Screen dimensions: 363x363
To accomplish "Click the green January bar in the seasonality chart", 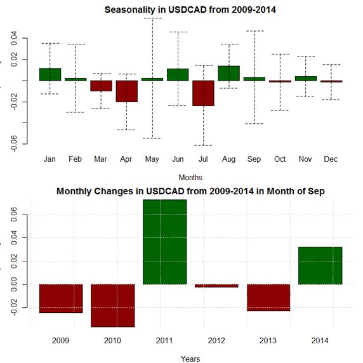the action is tap(50, 74).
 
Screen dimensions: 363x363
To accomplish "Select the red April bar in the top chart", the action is tap(127, 91).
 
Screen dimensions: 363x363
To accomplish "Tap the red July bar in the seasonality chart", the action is tap(203, 93).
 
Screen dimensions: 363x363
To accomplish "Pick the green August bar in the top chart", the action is tap(228, 73).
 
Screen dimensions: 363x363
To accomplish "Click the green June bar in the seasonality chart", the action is tap(178, 74).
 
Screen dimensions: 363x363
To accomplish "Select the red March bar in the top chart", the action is tap(101, 86).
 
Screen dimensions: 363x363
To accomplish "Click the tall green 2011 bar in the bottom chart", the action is tap(164, 242).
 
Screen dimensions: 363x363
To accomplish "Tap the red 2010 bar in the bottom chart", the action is tap(113, 306).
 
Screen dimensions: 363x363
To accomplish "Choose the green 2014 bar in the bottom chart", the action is tap(320, 265).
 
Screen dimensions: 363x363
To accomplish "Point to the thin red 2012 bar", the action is tap(216, 286).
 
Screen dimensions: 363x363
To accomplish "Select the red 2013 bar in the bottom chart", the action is tap(268, 298).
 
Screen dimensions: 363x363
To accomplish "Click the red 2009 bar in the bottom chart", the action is tap(61, 299).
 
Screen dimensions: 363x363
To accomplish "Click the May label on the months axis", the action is tap(152, 159).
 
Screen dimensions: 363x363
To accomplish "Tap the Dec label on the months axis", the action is tap(331, 159).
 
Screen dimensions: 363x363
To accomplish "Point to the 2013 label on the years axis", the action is tap(268, 341).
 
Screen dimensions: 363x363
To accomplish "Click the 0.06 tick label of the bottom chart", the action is tap(14, 214).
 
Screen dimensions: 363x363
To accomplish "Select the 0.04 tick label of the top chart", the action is tap(14, 38).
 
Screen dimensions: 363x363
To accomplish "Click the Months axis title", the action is tap(190, 178).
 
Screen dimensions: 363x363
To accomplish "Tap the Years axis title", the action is tap(190, 359).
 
